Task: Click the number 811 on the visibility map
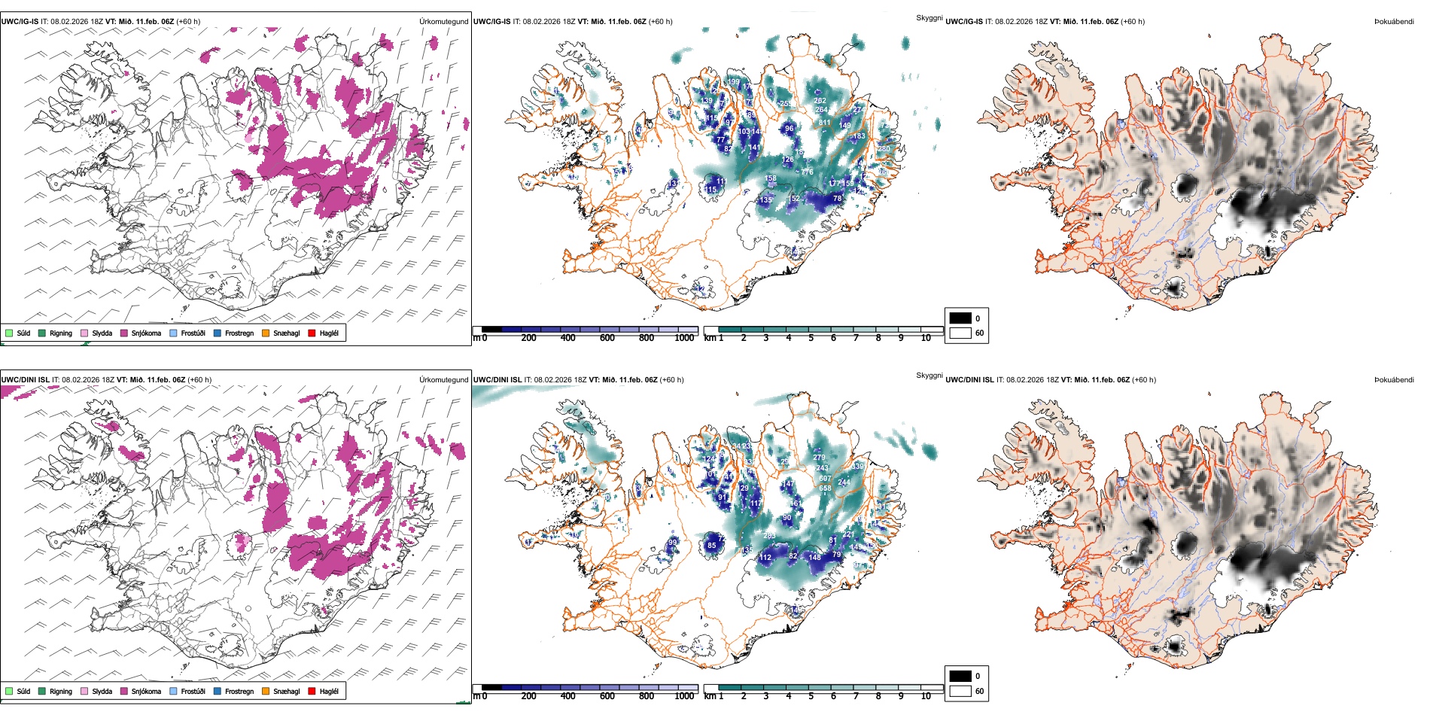tap(825, 122)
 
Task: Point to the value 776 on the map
tap(808, 172)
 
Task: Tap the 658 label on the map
tap(826, 488)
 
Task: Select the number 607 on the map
tap(826, 479)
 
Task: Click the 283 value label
tap(769, 536)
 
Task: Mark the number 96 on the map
tap(789, 129)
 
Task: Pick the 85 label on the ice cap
tap(712, 546)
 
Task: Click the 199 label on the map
tap(734, 82)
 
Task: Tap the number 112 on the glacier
tap(765, 558)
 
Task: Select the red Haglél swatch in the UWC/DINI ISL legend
tap(312, 691)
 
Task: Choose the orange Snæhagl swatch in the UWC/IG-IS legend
tap(266, 333)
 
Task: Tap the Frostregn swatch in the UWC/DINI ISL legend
tap(218, 691)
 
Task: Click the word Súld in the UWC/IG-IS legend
tap(23, 333)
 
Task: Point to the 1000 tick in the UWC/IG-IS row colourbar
tap(684, 339)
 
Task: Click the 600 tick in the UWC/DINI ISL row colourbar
tap(607, 696)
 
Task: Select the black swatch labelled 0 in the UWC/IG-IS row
tap(960, 318)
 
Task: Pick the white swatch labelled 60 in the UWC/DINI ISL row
tap(960, 691)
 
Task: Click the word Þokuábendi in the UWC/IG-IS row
tap(1394, 22)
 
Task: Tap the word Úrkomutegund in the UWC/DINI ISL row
tap(443, 380)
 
